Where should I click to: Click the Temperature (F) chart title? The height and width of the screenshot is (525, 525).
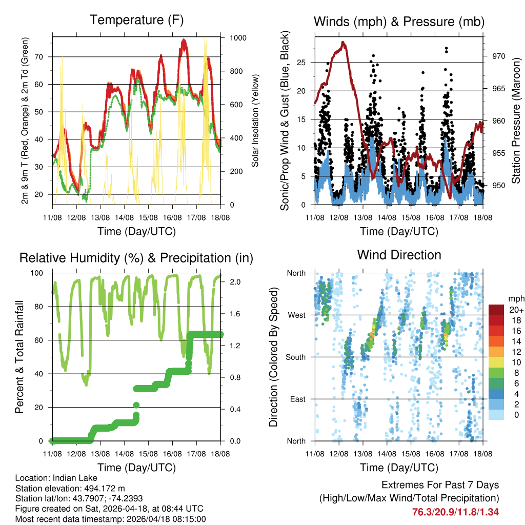coord(136,20)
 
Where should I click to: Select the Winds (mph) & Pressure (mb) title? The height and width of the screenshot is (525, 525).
coord(399,22)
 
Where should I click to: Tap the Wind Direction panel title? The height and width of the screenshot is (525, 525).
coord(399,255)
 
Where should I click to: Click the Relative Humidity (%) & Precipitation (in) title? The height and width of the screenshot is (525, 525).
coord(136,258)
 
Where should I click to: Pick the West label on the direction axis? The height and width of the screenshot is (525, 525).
coord(296,315)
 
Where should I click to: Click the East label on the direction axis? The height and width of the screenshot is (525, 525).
coord(297,399)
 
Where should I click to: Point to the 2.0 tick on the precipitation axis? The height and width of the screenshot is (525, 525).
coord(230,282)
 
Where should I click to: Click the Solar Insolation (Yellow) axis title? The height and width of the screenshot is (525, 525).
coord(255,121)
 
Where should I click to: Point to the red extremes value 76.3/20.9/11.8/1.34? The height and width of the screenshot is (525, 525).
coord(455,511)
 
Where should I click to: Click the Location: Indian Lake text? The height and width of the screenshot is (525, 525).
coord(49,478)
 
